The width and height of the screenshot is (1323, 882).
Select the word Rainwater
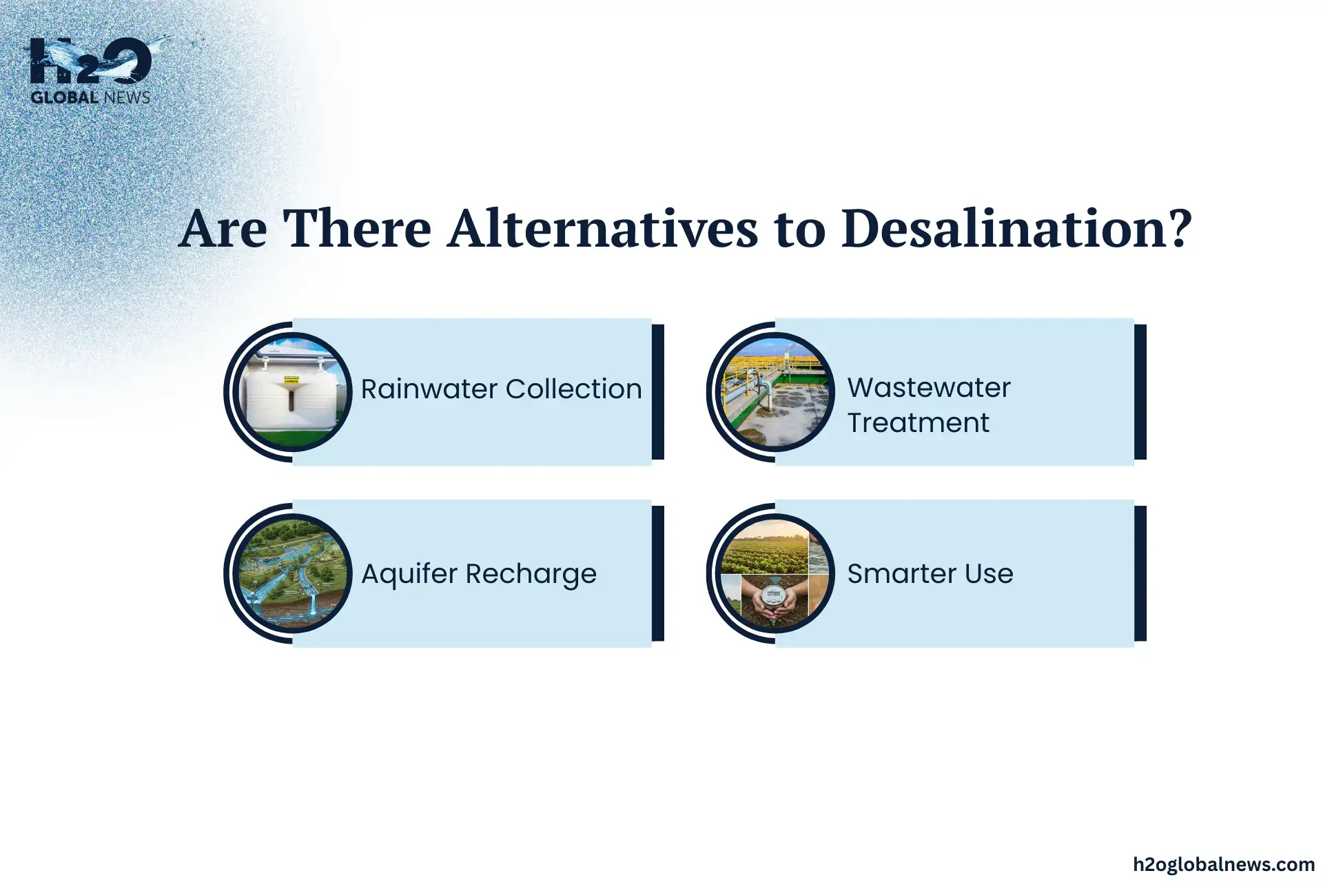tap(429, 389)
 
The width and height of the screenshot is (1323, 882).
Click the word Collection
tap(574, 389)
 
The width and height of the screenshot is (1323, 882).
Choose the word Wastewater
tap(928, 387)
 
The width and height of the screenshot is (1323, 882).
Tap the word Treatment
tap(918, 422)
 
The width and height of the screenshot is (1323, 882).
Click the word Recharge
tap(531, 574)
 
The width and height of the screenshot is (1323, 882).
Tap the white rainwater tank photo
tap(293, 392)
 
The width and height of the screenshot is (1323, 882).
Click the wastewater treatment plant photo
tap(775, 392)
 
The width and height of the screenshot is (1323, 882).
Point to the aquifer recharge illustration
tap(293, 573)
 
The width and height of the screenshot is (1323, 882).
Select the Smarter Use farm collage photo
tap(775, 573)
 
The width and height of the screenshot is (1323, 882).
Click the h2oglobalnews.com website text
tap(1224, 864)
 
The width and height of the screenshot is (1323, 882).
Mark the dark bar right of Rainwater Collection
tap(658, 391)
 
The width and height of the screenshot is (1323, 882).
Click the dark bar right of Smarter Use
tap(1140, 573)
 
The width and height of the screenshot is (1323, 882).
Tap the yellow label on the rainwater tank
tap(291, 378)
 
